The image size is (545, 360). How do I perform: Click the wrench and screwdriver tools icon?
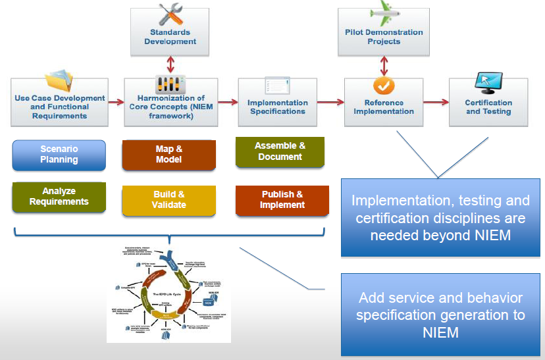pos(170,14)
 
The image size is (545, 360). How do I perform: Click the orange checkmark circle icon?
pos(384,86)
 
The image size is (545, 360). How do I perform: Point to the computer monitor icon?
pos(488,82)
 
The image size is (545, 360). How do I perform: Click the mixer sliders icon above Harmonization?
pos(170,84)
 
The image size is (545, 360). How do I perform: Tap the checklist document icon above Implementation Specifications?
pos(276,85)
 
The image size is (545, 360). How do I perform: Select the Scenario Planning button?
pos(59,155)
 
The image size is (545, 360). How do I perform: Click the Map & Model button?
pos(169,154)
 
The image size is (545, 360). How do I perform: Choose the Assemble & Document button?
pos(280,151)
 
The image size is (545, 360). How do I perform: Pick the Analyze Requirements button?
pos(59,196)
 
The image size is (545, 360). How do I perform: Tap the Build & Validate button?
pos(169,199)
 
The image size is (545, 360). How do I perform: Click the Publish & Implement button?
pos(282,199)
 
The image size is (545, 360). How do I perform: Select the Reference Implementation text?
pos(384,107)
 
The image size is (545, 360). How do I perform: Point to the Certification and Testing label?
pos(488,107)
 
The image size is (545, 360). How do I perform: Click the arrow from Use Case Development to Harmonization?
pos(116,102)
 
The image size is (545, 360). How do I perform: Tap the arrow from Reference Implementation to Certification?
pos(436,102)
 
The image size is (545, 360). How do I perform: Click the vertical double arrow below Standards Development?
pos(171,64)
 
